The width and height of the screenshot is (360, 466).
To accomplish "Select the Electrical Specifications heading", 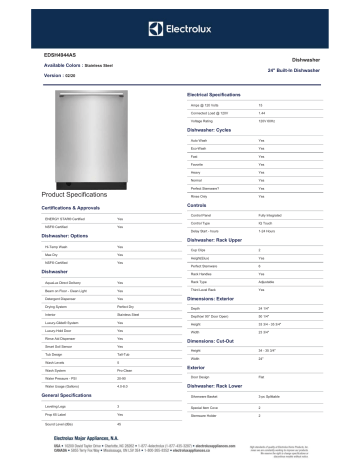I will (220, 93).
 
